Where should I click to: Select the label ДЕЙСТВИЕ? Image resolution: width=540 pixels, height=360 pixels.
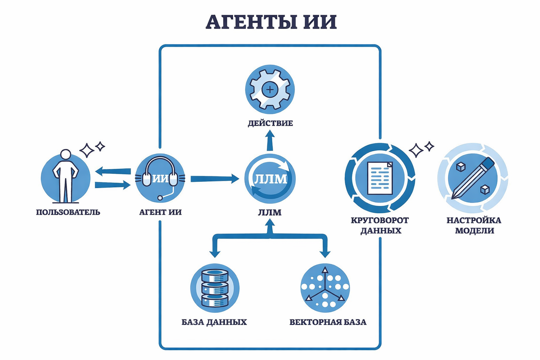[270, 123]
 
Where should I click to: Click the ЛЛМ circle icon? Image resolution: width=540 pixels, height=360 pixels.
[270, 179]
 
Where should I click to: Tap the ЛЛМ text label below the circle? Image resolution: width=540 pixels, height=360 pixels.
[270, 212]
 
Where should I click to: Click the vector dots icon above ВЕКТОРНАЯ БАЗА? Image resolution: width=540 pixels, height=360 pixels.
[324, 288]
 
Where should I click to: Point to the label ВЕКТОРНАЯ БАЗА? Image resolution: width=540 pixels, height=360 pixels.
[328, 322]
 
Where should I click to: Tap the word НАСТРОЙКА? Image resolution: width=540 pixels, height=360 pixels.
[474, 221]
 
